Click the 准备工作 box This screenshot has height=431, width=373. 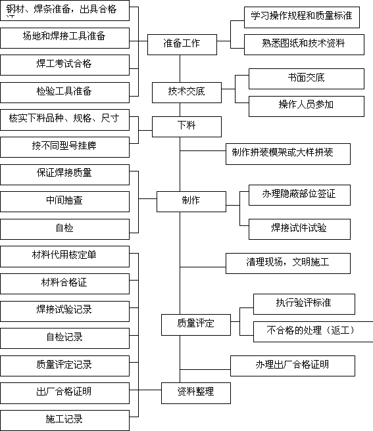182,45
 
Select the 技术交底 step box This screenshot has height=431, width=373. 187,93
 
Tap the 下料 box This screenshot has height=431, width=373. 187,127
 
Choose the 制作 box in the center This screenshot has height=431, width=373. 191,202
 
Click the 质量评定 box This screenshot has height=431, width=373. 196,325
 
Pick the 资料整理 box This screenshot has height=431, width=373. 196,393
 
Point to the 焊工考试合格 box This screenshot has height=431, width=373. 64,65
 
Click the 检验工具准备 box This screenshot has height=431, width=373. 64,93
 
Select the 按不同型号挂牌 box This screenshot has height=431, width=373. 64,147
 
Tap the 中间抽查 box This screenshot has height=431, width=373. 64,202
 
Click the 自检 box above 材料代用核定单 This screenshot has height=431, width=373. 64,229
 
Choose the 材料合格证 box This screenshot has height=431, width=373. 64,284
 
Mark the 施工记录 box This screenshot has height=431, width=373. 64,420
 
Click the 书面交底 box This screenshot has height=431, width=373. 307,79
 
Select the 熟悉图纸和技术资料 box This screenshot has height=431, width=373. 304,45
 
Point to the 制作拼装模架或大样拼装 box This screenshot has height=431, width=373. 288,154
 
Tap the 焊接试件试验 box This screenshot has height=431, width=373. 299,229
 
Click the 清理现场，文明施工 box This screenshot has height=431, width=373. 288,263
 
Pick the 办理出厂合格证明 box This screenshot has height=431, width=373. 293,366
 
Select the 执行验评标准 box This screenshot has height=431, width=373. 304,304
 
